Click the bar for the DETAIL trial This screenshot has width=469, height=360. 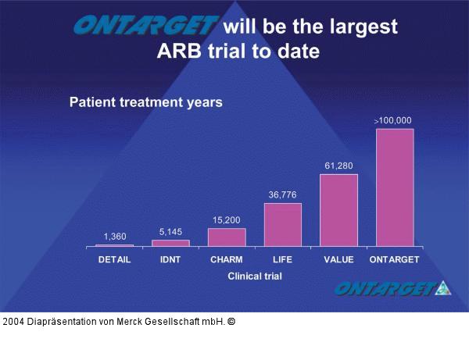[x=114, y=245]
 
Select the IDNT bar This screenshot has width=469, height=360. [x=170, y=243]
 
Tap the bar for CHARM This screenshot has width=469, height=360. [x=227, y=237]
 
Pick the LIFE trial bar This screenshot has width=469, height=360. [x=283, y=225]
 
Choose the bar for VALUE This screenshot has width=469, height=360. [x=338, y=210]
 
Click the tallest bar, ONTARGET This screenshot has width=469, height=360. [x=395, y=187]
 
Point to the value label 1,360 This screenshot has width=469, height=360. [x=115, y=236]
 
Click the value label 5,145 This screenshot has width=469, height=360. [x=170, y=232]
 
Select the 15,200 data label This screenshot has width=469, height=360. [x=227, y=220]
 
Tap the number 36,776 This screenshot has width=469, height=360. [x=283, y=194]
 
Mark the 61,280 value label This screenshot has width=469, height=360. [x=339, y=166]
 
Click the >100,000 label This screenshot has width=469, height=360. [x=393, y=120]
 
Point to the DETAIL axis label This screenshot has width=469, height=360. [x=114, y=259]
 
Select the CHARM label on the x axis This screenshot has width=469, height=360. [x=227, y=259]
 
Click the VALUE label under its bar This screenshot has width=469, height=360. [x=339, y=259]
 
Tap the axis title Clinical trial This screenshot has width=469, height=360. [x=255, y=276]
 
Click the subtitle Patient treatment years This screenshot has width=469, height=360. [x=146, y=102]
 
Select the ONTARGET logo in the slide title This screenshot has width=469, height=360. [x=145, y=27]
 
